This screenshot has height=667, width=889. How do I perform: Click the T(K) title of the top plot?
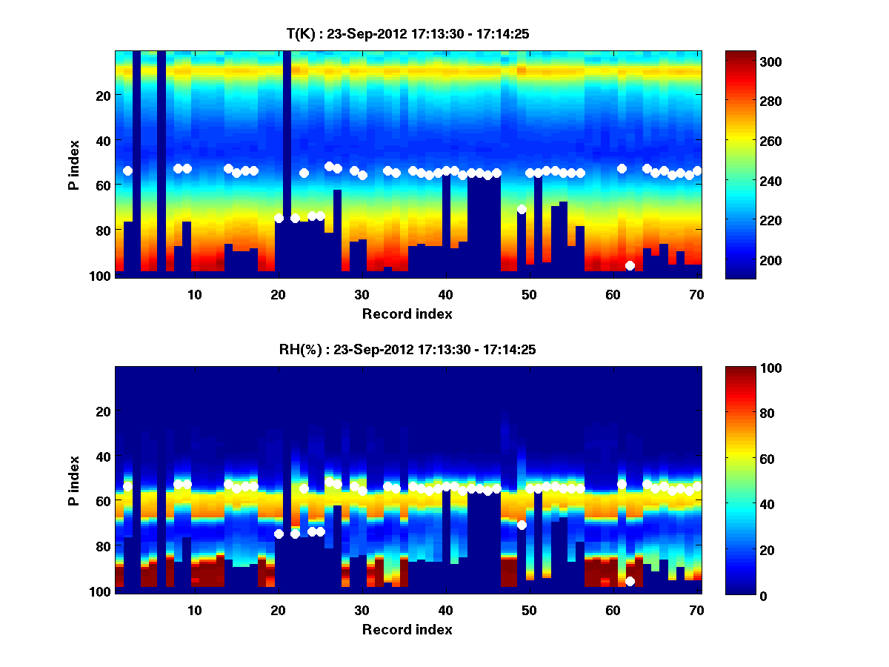pos(407,33)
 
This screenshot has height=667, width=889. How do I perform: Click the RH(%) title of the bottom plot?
pos(407,349)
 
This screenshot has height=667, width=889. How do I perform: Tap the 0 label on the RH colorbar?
pos(738,595)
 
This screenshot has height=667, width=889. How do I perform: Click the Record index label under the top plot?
pos(407,313)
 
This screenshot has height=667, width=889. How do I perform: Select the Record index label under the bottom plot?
pos(407,629)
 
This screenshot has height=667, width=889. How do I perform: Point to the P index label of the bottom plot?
pos(74,480)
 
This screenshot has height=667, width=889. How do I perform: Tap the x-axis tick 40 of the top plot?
pos(445,294)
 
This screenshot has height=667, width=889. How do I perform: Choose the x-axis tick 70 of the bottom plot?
pos(696,610)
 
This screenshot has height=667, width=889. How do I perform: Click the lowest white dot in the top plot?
pos(630,265)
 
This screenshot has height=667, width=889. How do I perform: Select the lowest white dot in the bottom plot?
pos(630,581)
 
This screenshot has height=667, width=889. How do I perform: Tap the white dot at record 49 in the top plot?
pos(522,209)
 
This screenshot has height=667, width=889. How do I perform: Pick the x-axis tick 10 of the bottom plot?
pos(194,610)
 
